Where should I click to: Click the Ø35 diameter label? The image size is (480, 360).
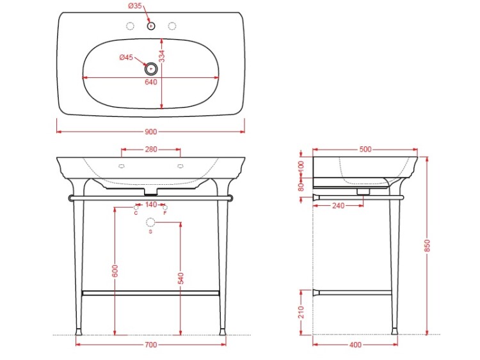pyautogui.click(x=135, y=6)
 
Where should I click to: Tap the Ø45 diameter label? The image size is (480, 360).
pyautogui.click(x=126, y=57)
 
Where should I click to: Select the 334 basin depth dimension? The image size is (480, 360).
pyautogui.click(x=162, y=56)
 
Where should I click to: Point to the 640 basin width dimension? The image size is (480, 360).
pyautogui.click(x=151, y=82)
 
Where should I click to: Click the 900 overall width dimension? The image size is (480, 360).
pyautogui.click(x=150, y=132)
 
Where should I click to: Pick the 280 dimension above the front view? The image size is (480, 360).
pyautogui.click(x=151, y=149)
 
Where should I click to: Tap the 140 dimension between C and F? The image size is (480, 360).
pyautogui.click(x=151, y=205)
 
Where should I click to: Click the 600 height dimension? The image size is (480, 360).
pyautogui.click(x=115, y=271)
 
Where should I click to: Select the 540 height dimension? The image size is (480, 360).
pyautogui.click(x=180, y=278)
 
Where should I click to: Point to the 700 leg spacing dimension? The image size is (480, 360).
pyautogui.click(x=150, y=345)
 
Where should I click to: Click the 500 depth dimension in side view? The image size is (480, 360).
pyautogui.click(x=365, y=149)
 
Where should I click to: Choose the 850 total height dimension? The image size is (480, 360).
pyautogui.click(x=428, y=246)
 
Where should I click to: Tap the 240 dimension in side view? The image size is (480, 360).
pyautogui.click(x=339, y=206)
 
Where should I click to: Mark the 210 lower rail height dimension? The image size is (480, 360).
pyautogui.click(x=301, y=311)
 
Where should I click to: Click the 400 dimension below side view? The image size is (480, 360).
pyautogui.click(x=355, y=345)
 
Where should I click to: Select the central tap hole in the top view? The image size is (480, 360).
pyautogui.click(x=151, y=26)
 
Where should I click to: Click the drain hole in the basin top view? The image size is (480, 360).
pyautogui.click(x=151, y=69)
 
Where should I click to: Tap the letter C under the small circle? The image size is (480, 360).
pyautogui.click(x=136, y=213)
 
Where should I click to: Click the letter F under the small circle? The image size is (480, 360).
pyautogui.click(x=165, y=213)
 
